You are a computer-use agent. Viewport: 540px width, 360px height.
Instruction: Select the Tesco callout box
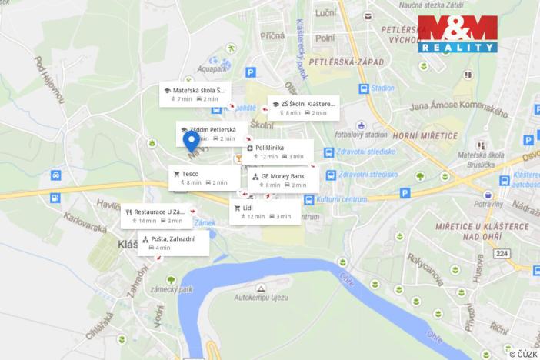(x=204, y=178)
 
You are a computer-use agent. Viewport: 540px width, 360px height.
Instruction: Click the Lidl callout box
(x=265, y=212)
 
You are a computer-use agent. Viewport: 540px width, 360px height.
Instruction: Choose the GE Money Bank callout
(x=284, y=180)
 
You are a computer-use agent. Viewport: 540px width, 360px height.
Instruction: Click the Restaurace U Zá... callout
(x=156, y=215)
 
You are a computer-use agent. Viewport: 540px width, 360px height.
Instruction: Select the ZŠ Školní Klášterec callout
(x=303, y=108)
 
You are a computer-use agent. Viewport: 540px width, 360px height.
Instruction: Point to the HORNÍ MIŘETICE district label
(x=425, y=135)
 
